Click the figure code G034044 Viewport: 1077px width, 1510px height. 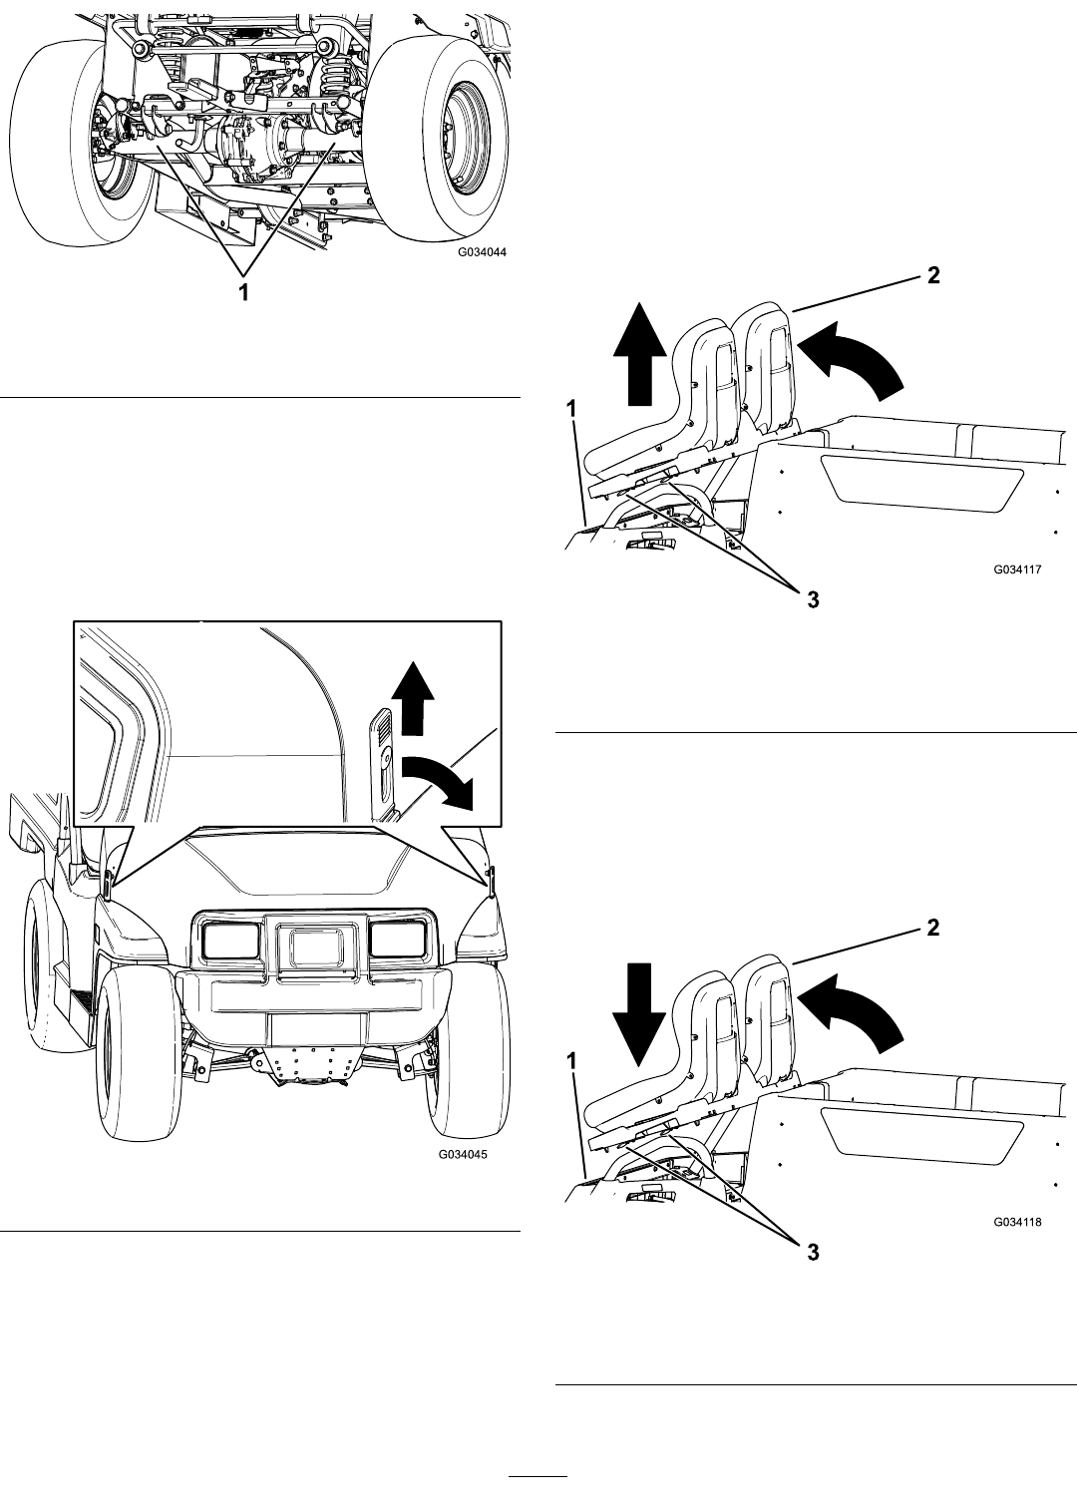tap(482, 252)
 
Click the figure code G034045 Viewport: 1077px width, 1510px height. tap(463, 1154)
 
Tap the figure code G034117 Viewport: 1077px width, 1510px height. tap(1017, 568)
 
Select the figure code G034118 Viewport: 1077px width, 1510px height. tap(1017, 1222)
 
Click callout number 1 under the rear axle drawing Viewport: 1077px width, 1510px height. tap(244, 293)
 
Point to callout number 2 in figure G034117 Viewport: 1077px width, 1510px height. tap(933, 275)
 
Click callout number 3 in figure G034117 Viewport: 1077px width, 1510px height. tap(814, 599)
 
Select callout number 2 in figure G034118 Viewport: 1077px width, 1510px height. tap(933, 928)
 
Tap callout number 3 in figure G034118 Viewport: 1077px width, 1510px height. tap(814, 1252)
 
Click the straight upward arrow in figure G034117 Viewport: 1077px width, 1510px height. tap(639, 354)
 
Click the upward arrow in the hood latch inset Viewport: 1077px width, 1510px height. tap(413, 698)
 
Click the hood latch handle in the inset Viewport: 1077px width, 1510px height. tap(382, 765)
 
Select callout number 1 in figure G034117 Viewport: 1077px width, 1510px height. tap(571, 409)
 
